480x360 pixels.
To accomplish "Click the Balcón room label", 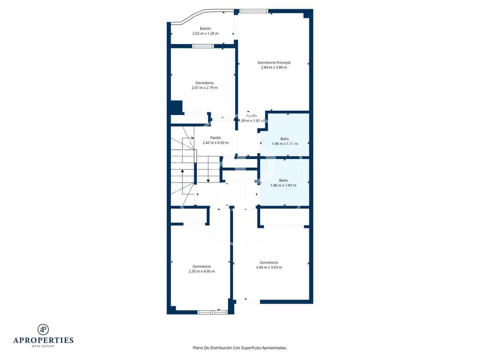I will pos(205,28).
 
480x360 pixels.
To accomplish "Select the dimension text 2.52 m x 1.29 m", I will pos(205,34).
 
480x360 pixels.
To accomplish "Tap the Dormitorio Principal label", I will pos(274,63).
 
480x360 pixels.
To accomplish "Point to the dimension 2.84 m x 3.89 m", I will pos(274,68).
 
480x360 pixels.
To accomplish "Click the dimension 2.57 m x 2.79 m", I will pos(204,88).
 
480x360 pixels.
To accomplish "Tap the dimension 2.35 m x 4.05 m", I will pos(202,271).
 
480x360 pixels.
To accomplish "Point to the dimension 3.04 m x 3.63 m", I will pos(269,267).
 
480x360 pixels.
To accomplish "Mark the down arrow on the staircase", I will pos(208,181).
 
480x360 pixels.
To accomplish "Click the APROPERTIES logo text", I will pos(43,340).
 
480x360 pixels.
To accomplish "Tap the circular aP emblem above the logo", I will pos(43,329).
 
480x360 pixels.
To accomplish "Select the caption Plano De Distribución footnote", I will pos(240,348).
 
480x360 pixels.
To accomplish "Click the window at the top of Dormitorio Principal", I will pos(254,11).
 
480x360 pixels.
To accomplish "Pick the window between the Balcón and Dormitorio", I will pos(203,46).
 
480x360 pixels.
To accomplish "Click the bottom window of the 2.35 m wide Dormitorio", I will pos(212,312).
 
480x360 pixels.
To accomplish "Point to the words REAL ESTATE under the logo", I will pos(43,346).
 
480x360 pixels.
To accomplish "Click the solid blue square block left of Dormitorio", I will pos(176,107).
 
